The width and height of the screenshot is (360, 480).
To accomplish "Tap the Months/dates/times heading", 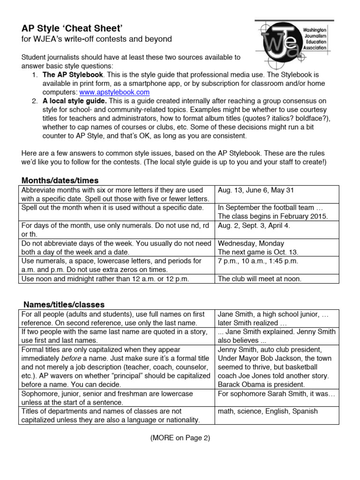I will point(60,180).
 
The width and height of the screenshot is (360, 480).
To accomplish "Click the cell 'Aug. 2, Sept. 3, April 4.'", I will point(254,225).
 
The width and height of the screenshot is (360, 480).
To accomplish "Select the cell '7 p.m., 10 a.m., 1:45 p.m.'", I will point(258,261).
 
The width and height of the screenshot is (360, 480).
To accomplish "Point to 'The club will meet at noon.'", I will point(260,279).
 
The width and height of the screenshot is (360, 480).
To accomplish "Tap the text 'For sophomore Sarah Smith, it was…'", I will point(277,394).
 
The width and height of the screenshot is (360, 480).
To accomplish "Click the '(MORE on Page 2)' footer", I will point(180,438).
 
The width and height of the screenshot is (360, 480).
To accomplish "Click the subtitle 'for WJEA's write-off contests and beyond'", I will point(97,39).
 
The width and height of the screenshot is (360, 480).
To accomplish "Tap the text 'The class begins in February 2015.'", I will point(273,216).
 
